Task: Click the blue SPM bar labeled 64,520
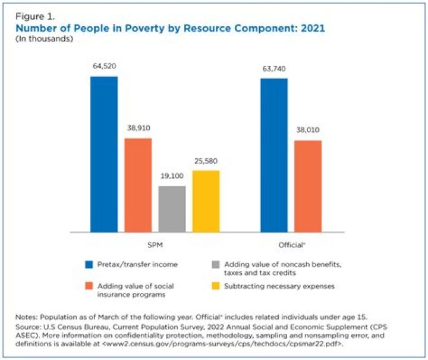coord(104,154)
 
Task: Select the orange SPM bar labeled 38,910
coord(138,185)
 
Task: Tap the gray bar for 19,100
coord(172,209)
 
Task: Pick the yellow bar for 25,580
coord(206,201)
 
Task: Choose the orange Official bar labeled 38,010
coord(308,186)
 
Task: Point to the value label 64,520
coord(104,66)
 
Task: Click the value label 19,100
coord(172,176)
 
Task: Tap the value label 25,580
coord(206,161)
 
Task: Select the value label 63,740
coord(274,68)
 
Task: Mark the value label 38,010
coord(308,131)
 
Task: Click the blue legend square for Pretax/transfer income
coord(89,264)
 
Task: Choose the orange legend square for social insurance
coord(89,286)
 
